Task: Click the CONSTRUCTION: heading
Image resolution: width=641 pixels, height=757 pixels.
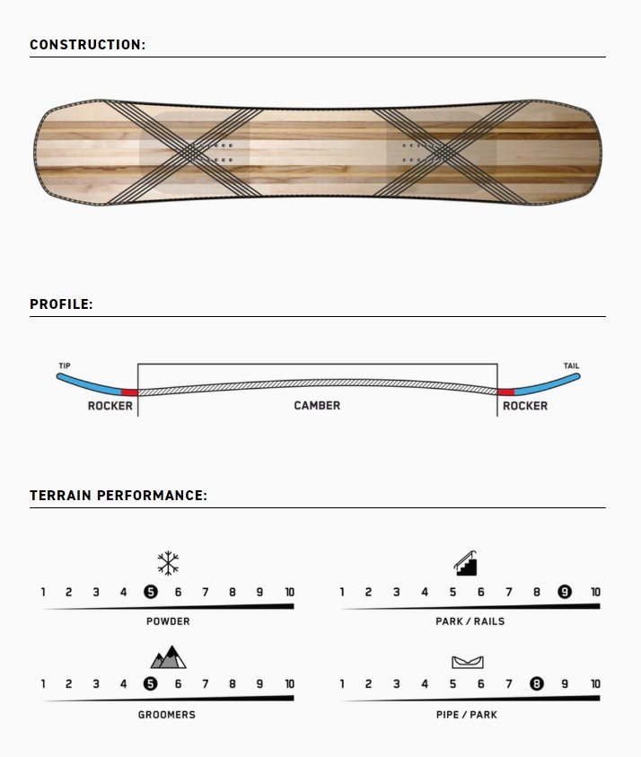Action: coord(87,44)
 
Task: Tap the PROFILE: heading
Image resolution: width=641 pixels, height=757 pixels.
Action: coord(61,304)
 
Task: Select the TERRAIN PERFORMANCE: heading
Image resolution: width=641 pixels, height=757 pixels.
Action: coord(119,496)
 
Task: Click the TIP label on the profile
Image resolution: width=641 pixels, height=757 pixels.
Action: coord(65,365)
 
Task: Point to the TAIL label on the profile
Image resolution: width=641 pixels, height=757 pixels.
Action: coord(572,365)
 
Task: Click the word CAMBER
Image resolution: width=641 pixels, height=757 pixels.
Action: coord(317,406)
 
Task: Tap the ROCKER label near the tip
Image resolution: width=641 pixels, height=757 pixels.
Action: coord(110,406)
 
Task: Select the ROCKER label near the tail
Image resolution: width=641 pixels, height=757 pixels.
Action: coord(525,406)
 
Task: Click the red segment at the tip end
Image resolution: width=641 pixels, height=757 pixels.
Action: coord(129,392)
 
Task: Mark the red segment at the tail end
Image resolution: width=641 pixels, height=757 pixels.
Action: coord(505,392)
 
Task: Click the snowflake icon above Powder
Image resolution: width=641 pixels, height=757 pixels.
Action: coord(168,563)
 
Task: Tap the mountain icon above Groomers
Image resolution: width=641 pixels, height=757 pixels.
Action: coord(168,657)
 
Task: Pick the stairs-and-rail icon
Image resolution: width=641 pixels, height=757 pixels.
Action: coord(466,563)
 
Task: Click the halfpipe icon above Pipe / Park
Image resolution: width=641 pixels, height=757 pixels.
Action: coord(467,662)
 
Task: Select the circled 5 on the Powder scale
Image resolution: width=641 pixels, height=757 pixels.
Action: coord(151,592)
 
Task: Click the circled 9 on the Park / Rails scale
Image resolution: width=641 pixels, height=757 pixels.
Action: coord(565,592)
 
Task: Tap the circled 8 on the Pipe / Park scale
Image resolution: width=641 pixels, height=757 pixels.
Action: coord(536,683)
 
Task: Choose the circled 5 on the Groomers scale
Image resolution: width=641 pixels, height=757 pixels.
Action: coord(151,683)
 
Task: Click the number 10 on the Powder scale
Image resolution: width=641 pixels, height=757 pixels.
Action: coord(290,592)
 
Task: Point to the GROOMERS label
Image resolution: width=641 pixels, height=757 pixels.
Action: coord(167,715)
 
